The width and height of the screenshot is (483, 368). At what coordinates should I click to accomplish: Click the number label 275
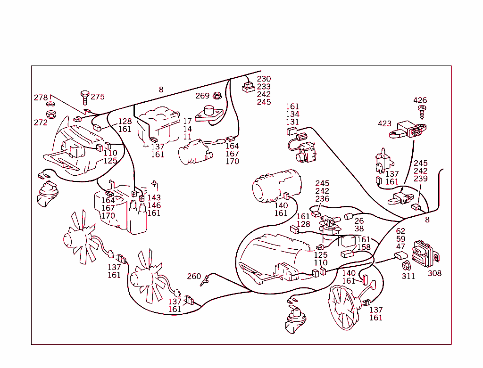coord(98,97)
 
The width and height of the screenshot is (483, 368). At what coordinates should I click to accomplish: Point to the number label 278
coord(41,98)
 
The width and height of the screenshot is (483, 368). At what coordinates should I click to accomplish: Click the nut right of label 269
coord(217,96)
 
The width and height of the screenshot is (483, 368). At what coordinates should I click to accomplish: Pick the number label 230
coord(264,79)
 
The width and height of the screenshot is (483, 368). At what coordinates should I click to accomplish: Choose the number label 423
coord(384,123)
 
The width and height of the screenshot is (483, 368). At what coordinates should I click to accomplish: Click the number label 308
coord(434,273)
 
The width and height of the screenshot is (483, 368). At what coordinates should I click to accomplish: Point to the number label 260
coord(194,276)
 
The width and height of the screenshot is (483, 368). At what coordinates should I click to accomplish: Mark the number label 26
coord(359,221)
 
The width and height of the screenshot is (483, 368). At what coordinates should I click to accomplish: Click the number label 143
coord(154,198)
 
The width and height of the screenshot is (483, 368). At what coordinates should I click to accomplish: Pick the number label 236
coord(322,199)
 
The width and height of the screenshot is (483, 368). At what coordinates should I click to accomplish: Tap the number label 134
coord(292,114)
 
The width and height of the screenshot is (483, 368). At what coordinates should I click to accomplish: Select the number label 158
coord(364,247)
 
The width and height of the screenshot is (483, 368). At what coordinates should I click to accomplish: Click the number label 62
coord(400,231)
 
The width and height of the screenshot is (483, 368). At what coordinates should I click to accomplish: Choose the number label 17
coord(187,121)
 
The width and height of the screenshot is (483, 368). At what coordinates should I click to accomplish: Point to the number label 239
coord(420,179)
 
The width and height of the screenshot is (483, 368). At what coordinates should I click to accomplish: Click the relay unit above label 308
coord(425,253)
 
